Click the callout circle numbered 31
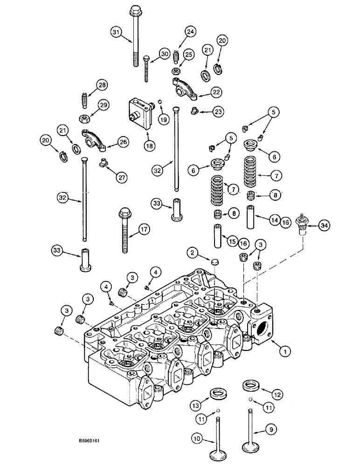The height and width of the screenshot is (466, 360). (x=116, y=32)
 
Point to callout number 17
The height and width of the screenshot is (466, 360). (x=144, y=229)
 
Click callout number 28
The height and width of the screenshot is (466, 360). (x=102, y=85)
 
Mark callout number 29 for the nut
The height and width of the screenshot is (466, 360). (x=103, y=105)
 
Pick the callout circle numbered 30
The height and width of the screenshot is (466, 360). (x=163, y=54)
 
